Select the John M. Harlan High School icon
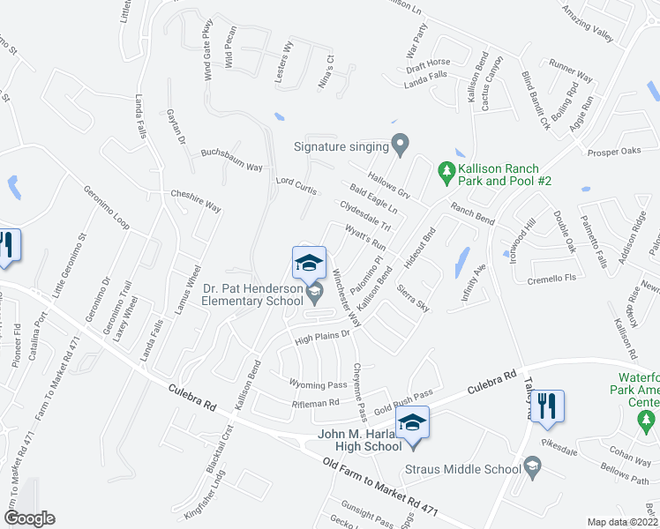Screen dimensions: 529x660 click(412, 421)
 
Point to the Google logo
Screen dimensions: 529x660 click(29, 518)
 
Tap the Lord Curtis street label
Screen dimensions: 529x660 click(296, 183)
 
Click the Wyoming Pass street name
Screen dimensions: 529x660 click(318, 384)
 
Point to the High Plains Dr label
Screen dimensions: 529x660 click(323, 337)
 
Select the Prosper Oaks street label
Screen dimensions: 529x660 click(614, 152)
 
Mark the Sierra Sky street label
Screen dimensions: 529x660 click(413, 298)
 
